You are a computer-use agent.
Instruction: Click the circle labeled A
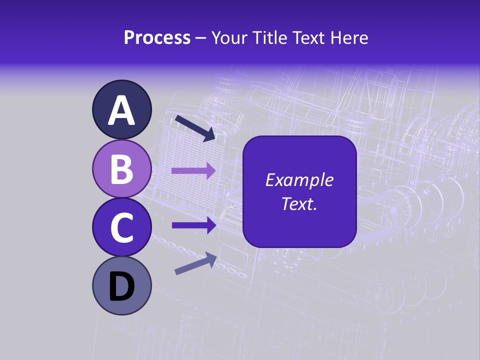pyautogui.click(x=121, y=110)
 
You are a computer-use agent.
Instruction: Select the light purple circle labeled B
pyautogui.click(x=121, y=168)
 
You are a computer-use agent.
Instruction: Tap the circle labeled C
pyautogui.click(x=121, y=227)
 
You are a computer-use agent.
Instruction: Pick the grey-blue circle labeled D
pyautogui.click(x=121, y=285)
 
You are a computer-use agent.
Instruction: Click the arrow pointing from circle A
pyautogui.click(x=195, y=128)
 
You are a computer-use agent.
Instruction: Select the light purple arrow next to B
pyautogui.click(x=193, y=170)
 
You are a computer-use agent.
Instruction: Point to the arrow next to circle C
pyautogui.click(x=193, y=225)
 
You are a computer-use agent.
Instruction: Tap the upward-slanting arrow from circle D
pyautogui.click(x=195, y=263)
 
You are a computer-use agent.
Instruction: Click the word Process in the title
pyautogui.click(x=157, y=38)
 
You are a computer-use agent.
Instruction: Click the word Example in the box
pyautogui.click(x=299, y=180)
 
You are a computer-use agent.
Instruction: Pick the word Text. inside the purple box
pyautogui.click(x=299, y=203)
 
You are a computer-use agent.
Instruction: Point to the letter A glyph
pyautogui.click(x=121, y=110)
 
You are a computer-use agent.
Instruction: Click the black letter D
pyautogui.click(x=121, y=287)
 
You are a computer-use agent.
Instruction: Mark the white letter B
pyautogui.click(x=121, y=169)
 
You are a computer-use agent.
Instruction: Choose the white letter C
pyautogui.click(x=121, y=227)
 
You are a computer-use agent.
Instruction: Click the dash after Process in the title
pyautogui.click(x=200, y=38)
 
